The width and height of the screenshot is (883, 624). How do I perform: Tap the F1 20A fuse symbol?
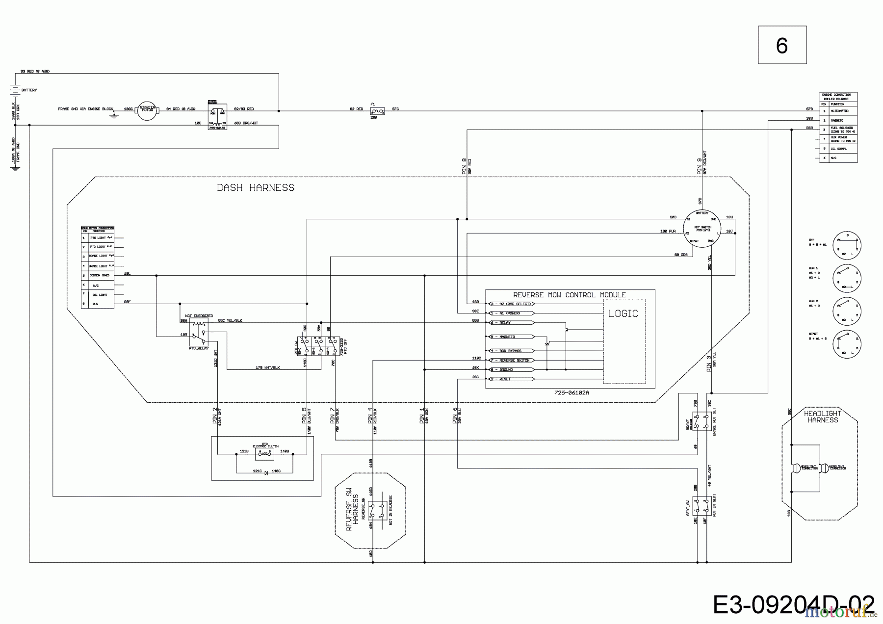[x=377, y=111]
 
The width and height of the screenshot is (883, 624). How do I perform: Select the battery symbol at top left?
[x=15, y=90]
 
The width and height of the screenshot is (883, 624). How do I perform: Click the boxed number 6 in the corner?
[x=782, y=45]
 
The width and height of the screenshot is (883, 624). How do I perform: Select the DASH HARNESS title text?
[x=256, y=187]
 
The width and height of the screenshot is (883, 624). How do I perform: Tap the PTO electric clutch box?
[x=265, y=454]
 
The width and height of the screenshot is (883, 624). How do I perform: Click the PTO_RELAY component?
[x=199, y=333]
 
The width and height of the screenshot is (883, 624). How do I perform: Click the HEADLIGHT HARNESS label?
[x=823, y=417]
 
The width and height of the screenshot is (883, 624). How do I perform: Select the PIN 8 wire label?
[x=464, y=167]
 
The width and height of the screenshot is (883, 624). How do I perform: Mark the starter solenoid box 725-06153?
[x=217, y=116]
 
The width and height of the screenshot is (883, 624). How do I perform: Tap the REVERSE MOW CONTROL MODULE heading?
[x=569, y=295]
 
